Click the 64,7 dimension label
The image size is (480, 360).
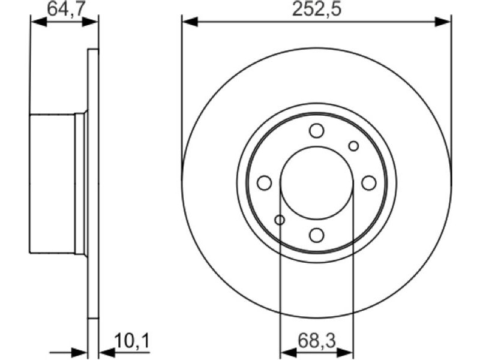pyautogui.click(x=65, y=9)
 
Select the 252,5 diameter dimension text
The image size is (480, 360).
pyautogui.click(x=317, y=9)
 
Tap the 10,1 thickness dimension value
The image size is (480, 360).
pyautogui.click(x=131, y=341)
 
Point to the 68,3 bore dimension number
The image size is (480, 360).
pyautogui.click(x=317, y=341)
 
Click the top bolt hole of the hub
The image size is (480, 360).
pyautogui.click(x=317, y=131)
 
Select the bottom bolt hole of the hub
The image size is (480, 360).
pyautogui.click(x=317, y=235)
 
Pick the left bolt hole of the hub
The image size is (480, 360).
pyautogui.click(x=264, y=183)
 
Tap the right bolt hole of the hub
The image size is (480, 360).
pyautogui.click(x=369, y=183)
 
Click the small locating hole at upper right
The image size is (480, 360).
pyautogui.click(x=353, y=146)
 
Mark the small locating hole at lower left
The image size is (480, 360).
pyautogui.click(x=280, y=220)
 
